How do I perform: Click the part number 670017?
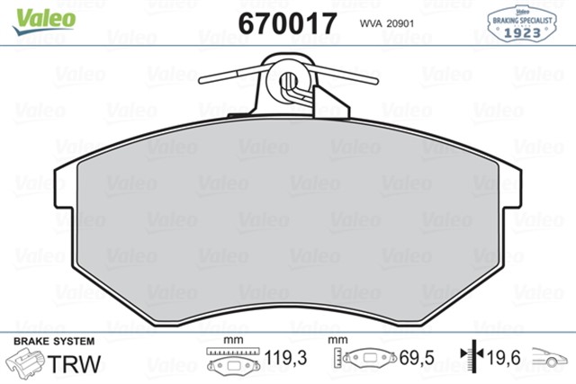click(x=287, y=23)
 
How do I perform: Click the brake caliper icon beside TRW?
click(x=28, y=362)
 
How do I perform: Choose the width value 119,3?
click(x=287, y=358)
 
